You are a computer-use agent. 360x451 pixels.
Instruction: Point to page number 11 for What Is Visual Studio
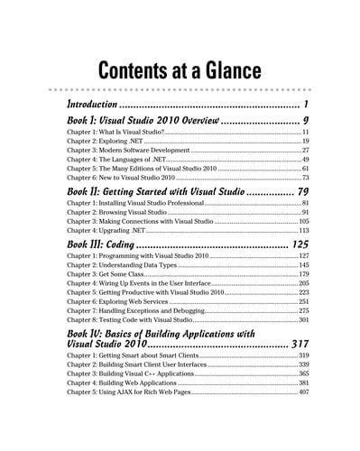305,133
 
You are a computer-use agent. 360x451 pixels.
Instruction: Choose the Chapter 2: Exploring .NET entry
105,142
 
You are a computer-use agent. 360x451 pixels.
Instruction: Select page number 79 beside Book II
303,191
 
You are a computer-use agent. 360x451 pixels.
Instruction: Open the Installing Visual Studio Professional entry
132,204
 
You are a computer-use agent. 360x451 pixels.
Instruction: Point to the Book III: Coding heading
99,244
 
